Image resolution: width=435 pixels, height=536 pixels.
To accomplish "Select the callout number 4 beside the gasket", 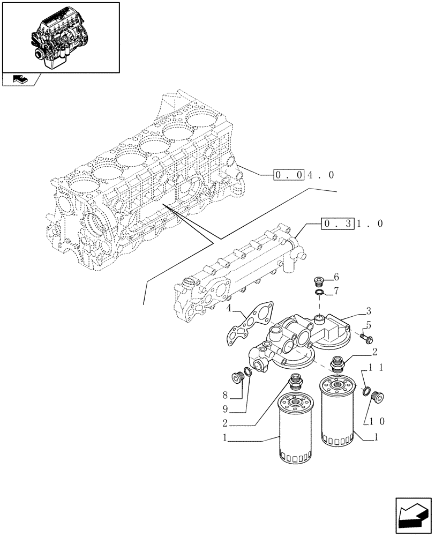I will [x=228, y=309].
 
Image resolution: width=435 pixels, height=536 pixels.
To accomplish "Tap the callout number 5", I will [x=369, y=325].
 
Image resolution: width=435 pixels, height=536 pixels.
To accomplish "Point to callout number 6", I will [x=336, y=277].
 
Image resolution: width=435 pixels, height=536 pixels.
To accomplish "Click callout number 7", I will [x=336, y=292].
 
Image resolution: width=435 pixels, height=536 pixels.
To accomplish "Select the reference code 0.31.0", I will [x=351, y=224].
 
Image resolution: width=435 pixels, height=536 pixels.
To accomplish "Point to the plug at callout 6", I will [x=318, y=280].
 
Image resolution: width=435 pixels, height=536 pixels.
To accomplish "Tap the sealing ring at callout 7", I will [x=319, y=292].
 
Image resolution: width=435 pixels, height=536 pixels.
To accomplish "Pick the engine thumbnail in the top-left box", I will [x=60, y=36].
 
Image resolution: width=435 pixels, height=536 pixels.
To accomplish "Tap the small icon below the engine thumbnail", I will [x=20, y=80].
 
